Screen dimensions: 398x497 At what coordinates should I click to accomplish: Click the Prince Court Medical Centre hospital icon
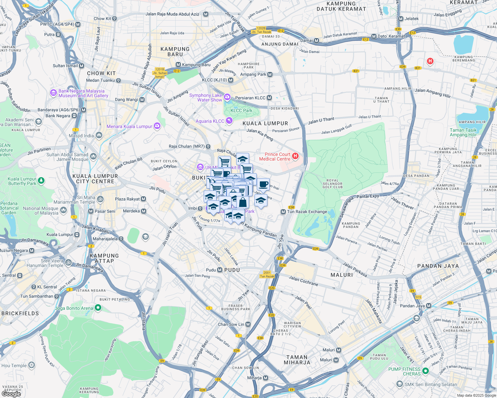coord(295,156)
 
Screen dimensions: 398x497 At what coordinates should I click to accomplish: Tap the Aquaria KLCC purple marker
coord(229,121)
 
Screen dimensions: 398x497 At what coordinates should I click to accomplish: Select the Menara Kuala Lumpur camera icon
coord(157,126)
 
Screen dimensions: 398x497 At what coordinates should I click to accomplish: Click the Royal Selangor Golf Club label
coord(333,184)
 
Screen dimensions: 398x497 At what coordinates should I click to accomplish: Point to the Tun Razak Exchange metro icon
coord(283,212)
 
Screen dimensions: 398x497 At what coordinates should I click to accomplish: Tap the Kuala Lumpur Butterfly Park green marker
coord(41,181)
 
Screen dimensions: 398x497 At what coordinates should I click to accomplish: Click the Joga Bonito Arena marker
coord(98,308)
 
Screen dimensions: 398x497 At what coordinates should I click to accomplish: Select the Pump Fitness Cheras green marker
coord(425,371)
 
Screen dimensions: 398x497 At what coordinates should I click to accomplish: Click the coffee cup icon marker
coord(263,184)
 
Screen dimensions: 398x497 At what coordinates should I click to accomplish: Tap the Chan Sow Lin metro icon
coord(248,324)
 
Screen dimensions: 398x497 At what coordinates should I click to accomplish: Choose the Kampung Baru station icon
coord(178,65)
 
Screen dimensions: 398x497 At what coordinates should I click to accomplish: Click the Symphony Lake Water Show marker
coord(227,97)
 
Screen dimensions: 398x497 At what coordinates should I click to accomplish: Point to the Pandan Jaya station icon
coord(429,306)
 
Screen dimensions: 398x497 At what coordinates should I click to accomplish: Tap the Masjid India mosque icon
coord(99,135)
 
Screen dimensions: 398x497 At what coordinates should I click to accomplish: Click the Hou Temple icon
coord(32,365)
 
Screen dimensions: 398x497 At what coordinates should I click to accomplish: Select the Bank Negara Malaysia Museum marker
coord(53,93)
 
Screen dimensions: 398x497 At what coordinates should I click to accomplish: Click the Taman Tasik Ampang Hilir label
coord(463,132)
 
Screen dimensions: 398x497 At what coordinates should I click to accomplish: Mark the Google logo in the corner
coord(11,394)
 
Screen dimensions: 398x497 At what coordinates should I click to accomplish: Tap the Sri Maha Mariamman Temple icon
coord(100,199)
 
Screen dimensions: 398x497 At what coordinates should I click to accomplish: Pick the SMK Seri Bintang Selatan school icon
coord(400,384)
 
